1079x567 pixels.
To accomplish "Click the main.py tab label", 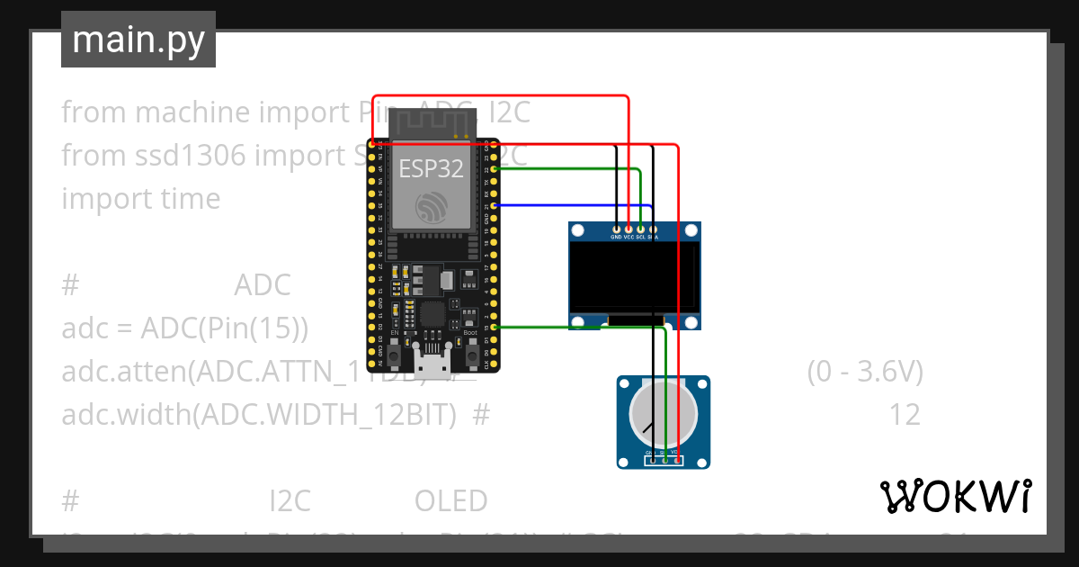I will point(138,40).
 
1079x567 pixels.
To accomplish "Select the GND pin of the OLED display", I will point(616,230).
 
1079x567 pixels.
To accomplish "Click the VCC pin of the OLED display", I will point(629,230).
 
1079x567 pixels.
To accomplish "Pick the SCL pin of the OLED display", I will point(640,230).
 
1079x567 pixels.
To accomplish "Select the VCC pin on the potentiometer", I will point(676,461).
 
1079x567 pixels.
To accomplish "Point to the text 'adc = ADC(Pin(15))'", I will point(184,328).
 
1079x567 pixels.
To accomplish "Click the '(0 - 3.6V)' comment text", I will point(864,372).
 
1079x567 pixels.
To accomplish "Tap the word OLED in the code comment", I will point(450,500).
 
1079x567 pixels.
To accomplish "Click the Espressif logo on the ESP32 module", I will point(430,206).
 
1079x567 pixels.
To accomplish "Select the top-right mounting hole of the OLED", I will point(690,232).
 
